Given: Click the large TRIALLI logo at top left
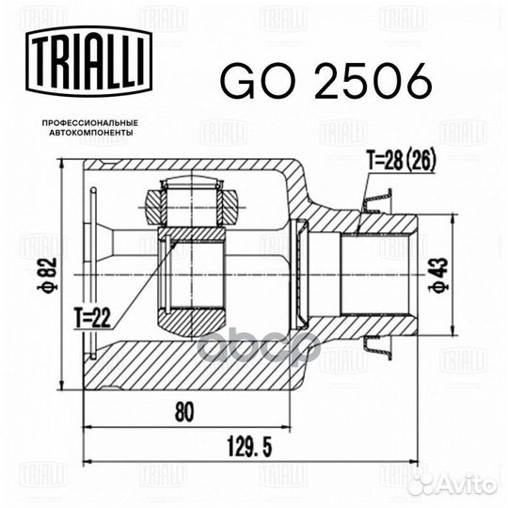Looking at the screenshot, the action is click(x=89, y=61).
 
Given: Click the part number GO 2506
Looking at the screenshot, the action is click(x=325, y=81).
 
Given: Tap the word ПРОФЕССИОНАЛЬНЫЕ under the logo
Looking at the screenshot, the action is click(x=90, y=123).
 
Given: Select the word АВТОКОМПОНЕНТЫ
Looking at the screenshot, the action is click(x=91, y=133).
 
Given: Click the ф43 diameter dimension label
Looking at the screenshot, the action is click(x=440, y=276).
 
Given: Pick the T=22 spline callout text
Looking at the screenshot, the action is click(x=92, y=318).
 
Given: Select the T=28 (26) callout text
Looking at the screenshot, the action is click(x=401, y=161).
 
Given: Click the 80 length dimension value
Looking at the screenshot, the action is click(x=184, y=411).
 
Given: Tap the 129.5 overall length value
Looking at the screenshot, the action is click(x=247, y=447).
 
